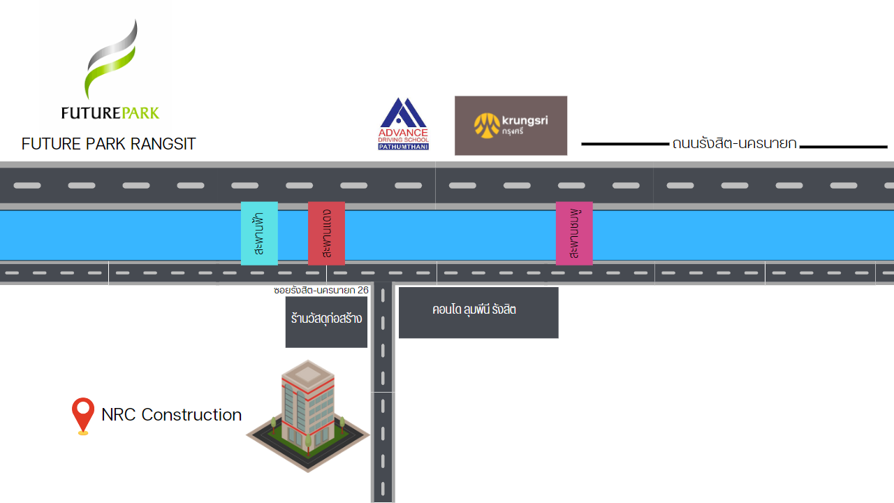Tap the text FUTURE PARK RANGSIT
(108, 144)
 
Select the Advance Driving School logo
(403, 124)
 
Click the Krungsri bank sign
(511, 126)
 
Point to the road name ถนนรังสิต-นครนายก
(734, 144)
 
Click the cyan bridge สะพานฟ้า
(259, 233)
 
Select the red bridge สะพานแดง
(326, 233)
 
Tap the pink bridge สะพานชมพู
(574, 233)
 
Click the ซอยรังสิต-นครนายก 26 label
(321, 289)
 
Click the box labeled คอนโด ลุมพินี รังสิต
(478, 312)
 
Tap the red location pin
(83, 414)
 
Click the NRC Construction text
(171, 415)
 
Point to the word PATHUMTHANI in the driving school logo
(403, 147)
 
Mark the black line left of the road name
(625, 144)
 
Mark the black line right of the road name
(843, 147)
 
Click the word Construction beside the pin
(191, 415)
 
